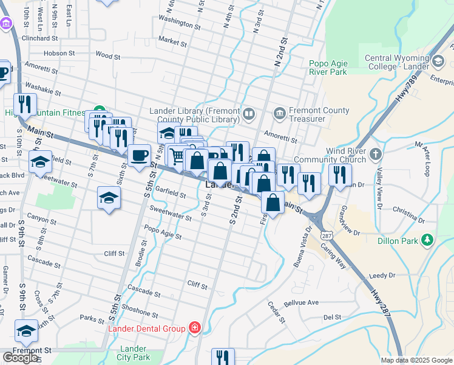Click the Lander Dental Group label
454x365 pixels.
tap(146, 329)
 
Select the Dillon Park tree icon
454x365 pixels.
tap(429, 240)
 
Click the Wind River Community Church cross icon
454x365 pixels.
tap(376, 154)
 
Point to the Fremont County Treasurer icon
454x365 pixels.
tap(279, 113)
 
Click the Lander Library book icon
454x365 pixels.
tap(248, 114)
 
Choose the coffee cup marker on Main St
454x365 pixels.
tap(139, 155)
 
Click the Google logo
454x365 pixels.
tap(20, 358)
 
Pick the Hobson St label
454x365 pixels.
tap(59, 53)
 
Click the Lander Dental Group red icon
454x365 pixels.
tap(194, 329)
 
